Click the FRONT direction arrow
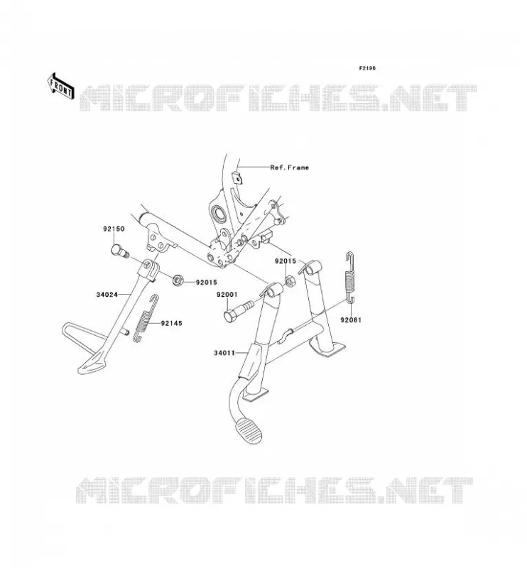tap(61, 86)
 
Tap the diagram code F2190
tap(367, 68)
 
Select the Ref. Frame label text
tap(290, 168)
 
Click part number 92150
tap(114, 229)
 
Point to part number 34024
tap(107, 295)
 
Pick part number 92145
tap(172, 323)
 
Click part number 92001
tap(227, 295)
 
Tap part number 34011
tap(224, 352)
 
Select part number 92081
tap(351, 320)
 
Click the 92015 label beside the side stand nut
tap(206, 283)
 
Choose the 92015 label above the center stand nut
tap(286, 261)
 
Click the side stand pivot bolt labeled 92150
tap(119, 251)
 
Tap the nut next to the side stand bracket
tap(178, 280)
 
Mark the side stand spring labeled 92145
tap(146, 317)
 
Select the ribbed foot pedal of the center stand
tap(249, 431)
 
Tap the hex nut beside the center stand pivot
tap(290, 280)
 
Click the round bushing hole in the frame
tap(219, 214)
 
